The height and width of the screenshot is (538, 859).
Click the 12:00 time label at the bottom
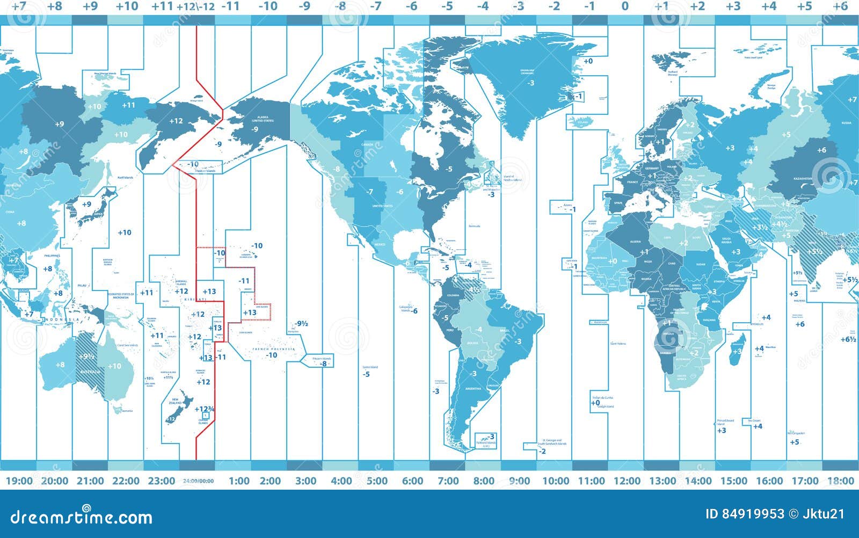627,481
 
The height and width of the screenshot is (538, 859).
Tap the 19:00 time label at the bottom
19,481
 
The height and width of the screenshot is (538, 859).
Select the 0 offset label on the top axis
624,6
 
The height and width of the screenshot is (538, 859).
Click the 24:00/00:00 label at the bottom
199,481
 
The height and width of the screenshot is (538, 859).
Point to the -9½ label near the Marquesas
301,324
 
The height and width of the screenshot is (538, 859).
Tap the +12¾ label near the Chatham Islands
205,409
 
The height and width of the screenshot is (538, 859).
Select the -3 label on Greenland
530,83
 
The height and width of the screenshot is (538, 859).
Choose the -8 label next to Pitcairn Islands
323,363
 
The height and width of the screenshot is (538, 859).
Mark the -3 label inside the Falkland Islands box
491,437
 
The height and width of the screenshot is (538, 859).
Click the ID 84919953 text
744,514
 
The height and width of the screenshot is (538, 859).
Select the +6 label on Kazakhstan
821,150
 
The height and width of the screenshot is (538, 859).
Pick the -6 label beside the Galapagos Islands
414,311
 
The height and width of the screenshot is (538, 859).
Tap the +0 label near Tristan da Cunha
594,403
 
